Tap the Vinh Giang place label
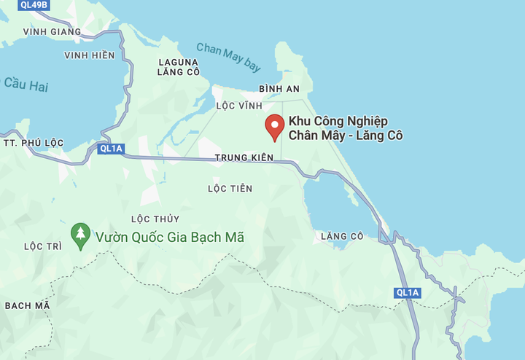click(x=52, y=32)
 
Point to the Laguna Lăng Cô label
click(x=179, y=66)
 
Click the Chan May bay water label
click(x=228, y=57)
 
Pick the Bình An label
click(x=279, y=88)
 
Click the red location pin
click(x=274, y=127)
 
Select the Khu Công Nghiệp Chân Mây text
click(x=346, y=128)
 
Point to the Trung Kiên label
click(x=244, y=157)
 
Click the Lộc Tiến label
click(x=230, y=189)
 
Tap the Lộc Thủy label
click(x=155, y=219)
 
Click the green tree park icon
click(x=79, y=235)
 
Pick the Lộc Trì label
click(x=43, y=246)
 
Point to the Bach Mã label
click(x=28, y=305)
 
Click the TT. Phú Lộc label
click(x=34, y=142)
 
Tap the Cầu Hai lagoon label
click(x=25, y=85)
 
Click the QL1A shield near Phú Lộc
click(x=112, y=149)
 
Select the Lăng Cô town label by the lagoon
click(x=341, y=236)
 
